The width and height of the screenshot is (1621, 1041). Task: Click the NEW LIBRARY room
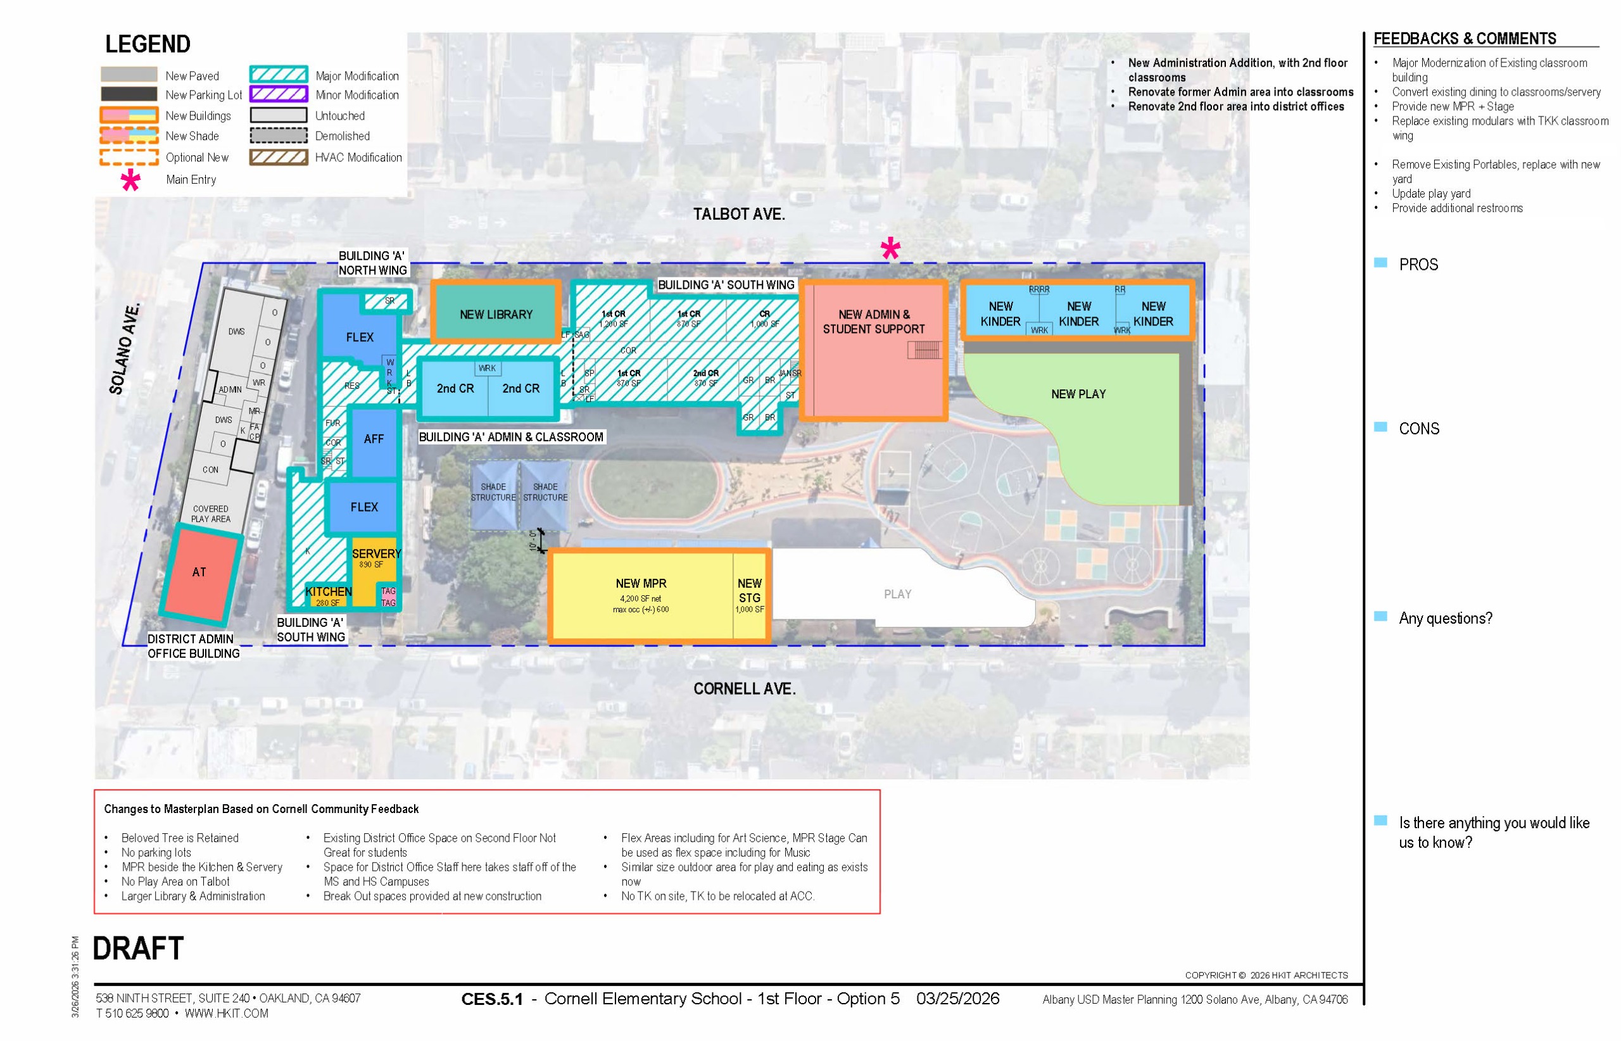[x=496, y=314]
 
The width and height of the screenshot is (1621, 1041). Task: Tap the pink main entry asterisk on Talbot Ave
[x=890, y=249]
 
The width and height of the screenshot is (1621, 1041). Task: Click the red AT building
[x=199, y=572]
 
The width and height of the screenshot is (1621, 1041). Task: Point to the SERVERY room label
[x=376, y=553]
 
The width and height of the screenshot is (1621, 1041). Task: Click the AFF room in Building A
[x=373, y=439]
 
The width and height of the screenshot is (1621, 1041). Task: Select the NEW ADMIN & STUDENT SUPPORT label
[x=873, y=322]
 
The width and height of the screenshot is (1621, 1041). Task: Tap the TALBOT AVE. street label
[x=738, y=214]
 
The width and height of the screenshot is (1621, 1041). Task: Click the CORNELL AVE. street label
[x=743, y=689]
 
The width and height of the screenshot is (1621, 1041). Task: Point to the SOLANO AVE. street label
[x=125, y=349]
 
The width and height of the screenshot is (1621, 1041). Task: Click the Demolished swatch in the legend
[x=279, y=136]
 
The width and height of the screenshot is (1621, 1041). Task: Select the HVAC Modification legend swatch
[x=279, y=158]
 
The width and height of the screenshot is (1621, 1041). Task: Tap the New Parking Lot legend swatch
[x=129, y=94]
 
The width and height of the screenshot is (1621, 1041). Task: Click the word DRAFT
[x=138, y=949]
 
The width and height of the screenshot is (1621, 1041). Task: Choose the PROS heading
[x=1418, y=265]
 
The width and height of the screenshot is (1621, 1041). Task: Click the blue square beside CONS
[x=1380, y=427]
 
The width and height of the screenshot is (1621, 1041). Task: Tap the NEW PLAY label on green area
[x=1078, y=394]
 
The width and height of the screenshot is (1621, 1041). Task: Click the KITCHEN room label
[x=329, y=591]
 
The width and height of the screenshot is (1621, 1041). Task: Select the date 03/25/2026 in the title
[x=957, y=999]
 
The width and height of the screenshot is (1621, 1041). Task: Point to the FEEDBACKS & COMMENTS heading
[x=1464, y=39]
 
